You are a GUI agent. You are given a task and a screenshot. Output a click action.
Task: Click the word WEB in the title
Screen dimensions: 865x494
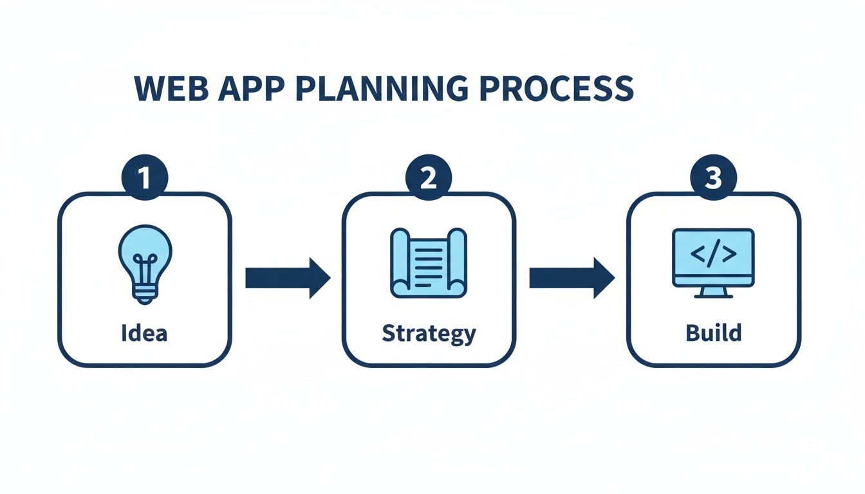pyautogui.click(x=171, y=89)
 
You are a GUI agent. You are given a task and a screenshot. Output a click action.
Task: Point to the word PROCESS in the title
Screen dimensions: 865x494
pyautogui.click(x=556, y=89)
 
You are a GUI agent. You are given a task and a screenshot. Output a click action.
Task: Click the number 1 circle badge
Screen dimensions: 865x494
pyautogui.click(x=145, y=177)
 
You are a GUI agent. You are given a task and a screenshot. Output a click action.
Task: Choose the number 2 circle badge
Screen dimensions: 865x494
pyautogui.click(x=429, y=177)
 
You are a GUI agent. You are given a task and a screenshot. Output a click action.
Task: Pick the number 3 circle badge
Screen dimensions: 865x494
pyautogui.click(x=714, y=177)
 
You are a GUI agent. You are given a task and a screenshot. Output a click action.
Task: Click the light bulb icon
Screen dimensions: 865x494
pyautogui.click(x=145, y=264)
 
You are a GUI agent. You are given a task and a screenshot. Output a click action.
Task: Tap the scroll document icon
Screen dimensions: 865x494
pyautogui.click(x=429, y=263)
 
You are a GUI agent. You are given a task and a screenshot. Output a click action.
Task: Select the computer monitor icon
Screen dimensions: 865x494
pyautogui.click(x=713, y=263)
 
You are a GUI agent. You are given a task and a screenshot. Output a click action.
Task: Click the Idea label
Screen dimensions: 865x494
pyautogui.click(x=144, y=333)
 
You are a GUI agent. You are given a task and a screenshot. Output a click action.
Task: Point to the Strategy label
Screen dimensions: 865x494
pyautogui.click(x=429, y=334)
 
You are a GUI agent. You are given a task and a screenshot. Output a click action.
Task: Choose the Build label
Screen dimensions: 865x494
pyautogui.click(x=714, y=333)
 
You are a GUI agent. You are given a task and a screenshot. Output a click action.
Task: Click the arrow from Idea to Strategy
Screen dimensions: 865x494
pyautogui.click(x=288, y=278)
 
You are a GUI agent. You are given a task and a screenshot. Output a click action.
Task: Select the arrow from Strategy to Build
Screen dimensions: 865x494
pyautogui.click(x=572, y=278)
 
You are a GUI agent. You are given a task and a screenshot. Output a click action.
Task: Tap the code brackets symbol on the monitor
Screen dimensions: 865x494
pyautogui.click(x=713, y=253)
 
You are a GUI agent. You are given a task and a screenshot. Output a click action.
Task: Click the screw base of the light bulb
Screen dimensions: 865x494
pyautogui.click(x=144, y=294)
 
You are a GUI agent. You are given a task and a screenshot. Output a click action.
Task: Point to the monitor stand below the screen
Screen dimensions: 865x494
pyautogui.click(x=713, y=293)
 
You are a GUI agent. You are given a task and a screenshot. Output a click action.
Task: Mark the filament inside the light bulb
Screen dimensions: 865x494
pyautogui.click(x=145, y=268)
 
